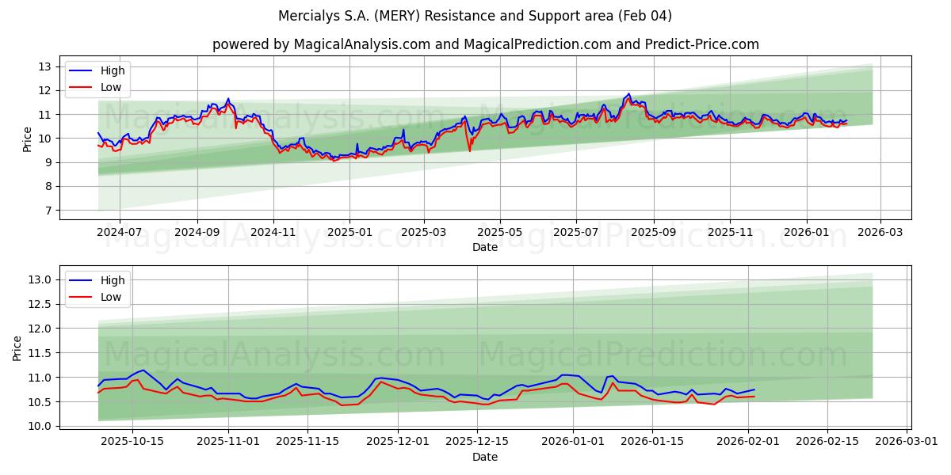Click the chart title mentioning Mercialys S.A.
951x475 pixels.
pos(475,16)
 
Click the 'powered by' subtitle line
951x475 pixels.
pos(485,44)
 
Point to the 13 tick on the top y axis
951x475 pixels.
pos(45,66)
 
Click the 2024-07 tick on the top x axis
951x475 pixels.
pos(120,233)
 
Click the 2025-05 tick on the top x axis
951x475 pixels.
pos(499,233)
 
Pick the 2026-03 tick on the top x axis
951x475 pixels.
pos(881,233)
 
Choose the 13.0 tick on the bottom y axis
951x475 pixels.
pos(40,279)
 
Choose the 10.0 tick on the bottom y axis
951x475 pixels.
pos(40,426)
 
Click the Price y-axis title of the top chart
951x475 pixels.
pos(28,139)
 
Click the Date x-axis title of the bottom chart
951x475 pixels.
pos(485,457)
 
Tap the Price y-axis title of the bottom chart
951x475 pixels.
pos(17,348)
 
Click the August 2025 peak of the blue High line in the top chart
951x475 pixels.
pos(628,94)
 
